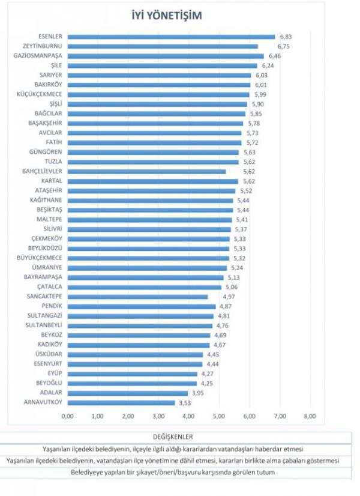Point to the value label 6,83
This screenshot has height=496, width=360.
point(286,37)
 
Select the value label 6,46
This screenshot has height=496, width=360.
point(275,56)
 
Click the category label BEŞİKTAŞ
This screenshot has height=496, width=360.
point(49,210)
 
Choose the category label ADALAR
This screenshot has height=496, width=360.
point(52,393)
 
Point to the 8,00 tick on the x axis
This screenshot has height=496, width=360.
point(310,416)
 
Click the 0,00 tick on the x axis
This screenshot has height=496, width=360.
point(67,416)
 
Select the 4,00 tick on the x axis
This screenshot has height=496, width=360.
point(188,416)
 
